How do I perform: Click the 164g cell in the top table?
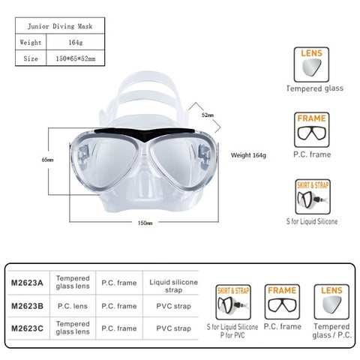coord(76,42)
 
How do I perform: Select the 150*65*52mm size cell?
coord(76,58)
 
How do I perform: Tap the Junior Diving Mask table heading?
coord(60,26)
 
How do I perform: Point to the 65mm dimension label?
coord(47,160)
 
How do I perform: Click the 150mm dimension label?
coord(145,223)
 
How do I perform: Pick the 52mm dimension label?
coord(208,115)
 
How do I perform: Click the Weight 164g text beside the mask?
coord(248,155)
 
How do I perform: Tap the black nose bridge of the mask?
coord(145,133)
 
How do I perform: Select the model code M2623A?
coord(27,283)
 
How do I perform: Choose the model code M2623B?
coord(27,306)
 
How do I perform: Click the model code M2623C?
coord(27,328)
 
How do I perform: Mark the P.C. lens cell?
coord(73,306)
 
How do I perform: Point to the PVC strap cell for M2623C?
coord(173,328)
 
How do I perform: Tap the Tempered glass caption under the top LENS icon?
coord(315,88)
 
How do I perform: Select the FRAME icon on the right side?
coord(311,130)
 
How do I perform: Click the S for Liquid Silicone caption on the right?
coord(312,221)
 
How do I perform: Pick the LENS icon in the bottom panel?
coord(331,301)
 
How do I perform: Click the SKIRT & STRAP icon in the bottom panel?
coord(233,302)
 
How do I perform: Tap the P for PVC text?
coord(232,335)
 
